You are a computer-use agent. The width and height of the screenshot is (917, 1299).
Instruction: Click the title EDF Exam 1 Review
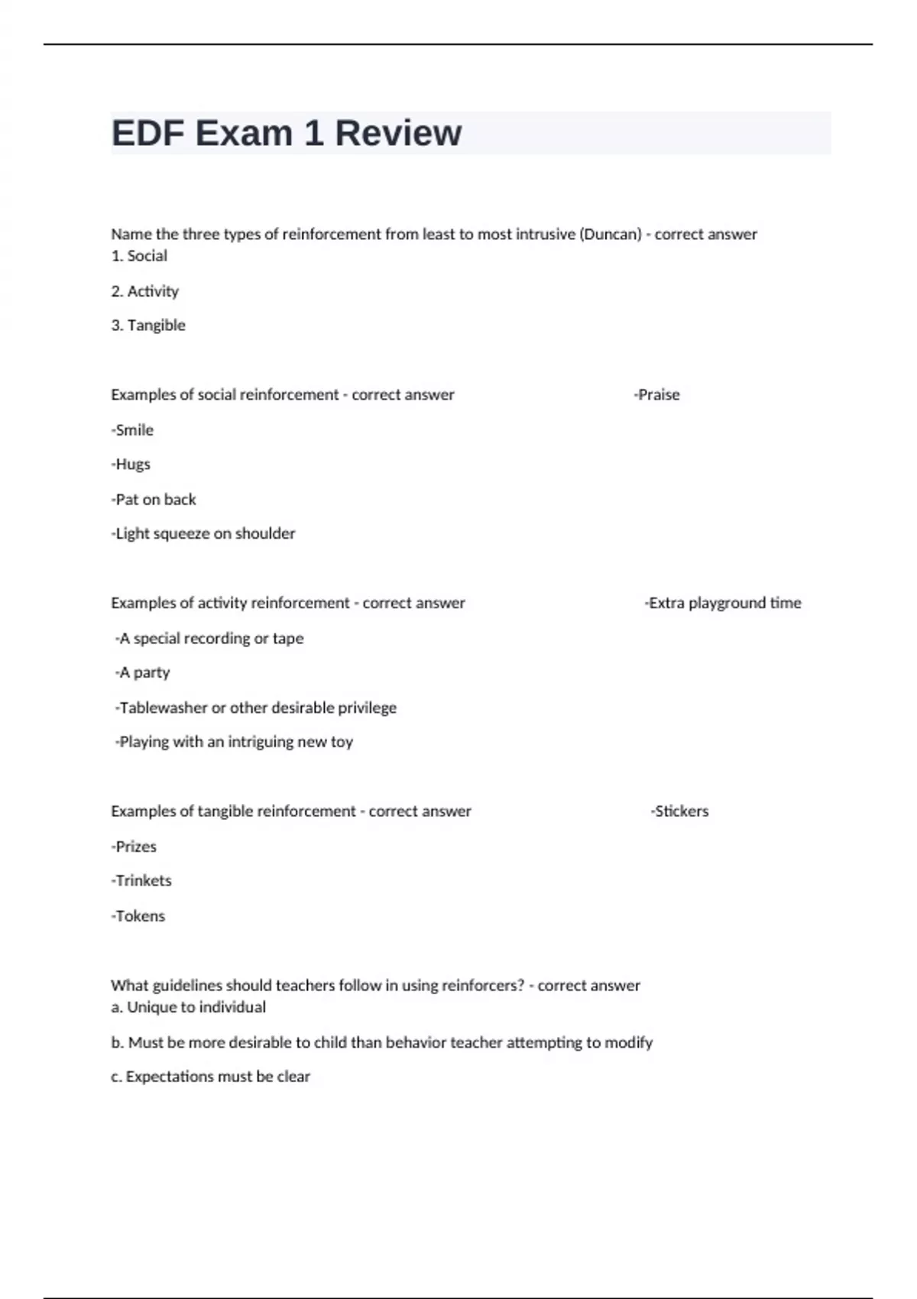pyautogui.click(x=287, y=133)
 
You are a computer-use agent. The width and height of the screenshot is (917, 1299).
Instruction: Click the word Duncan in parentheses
pyautogui.click(x=611, y=235)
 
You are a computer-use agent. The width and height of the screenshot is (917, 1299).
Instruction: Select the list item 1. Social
pyautogui.click(x=139, y=256)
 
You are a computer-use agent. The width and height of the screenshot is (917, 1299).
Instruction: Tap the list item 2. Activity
pyautogui.click(x=145, y=291)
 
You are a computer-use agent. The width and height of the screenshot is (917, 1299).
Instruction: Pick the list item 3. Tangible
pyautogui.click(x=148, y=326)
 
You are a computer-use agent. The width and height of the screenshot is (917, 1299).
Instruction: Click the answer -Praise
pyautogui.click(x=656, y=395)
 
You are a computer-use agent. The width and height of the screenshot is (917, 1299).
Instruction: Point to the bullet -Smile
pyautogui.click(x=132, y=430)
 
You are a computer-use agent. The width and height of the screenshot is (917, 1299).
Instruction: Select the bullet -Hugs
pyautogui.click(x=131, y=465)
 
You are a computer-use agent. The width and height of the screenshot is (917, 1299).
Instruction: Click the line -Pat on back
pyautogui.click(x=154, y=500)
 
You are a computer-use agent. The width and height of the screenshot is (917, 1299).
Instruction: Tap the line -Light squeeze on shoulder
pyautogui.click(x=203, y=533)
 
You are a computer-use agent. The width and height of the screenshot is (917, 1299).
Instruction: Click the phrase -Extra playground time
pyautogui.click(x=723, y=603)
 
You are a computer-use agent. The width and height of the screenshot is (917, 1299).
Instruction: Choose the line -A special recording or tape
pyautogui.click(x=209, y=638)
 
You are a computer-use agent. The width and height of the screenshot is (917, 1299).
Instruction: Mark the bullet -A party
pyautogui.click(x=142, y=672)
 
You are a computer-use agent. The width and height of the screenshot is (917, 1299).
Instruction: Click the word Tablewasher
pyautogui.click(x=164, y=708)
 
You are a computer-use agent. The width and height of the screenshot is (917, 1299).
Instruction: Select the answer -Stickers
pyautogui.click(x=679, y=811)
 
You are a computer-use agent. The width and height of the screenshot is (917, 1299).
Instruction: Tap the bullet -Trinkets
pyautogui.click(x=141, y=881)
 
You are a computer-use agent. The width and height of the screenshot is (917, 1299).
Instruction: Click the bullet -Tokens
pyautogui.click(x=138, y=916)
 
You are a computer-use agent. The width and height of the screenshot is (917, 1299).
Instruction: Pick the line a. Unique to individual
pyautogui.click(x=189, y=1007)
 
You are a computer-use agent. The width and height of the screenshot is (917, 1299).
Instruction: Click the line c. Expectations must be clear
pyautogui.click(x=211, y=1077)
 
